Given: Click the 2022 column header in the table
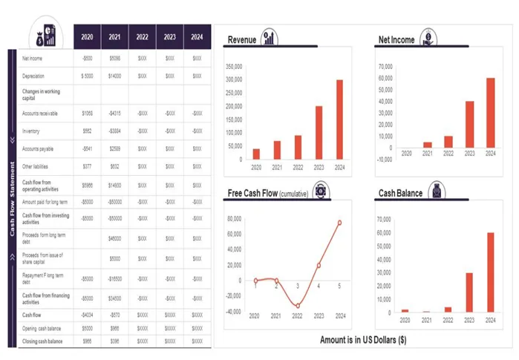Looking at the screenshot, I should point(143,36).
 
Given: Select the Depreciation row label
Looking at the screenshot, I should point(33,76).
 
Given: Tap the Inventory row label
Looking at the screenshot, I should point(30,131).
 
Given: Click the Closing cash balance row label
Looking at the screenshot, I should point(42,341).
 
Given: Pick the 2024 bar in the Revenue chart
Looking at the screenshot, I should point(339,120).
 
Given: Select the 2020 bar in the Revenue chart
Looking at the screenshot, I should point(256,154).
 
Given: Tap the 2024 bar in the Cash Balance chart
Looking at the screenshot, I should point(490,272).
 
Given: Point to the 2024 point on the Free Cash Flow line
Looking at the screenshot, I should point(339,222).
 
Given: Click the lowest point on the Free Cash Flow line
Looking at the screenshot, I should point(298,305).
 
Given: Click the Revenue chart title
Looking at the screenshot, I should point(242,39).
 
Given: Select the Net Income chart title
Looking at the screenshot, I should point(396,39).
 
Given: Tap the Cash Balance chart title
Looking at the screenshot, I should point(400,193).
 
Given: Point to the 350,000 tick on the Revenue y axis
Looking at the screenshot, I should point(233,67).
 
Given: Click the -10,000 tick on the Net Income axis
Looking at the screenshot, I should point(384,159).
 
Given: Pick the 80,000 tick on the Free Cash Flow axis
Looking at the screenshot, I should point(233,219).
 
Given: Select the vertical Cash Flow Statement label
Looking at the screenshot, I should point(12,199).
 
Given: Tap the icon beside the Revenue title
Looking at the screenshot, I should point(270,38).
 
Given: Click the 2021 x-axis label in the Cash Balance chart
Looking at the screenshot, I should point(426,320).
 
